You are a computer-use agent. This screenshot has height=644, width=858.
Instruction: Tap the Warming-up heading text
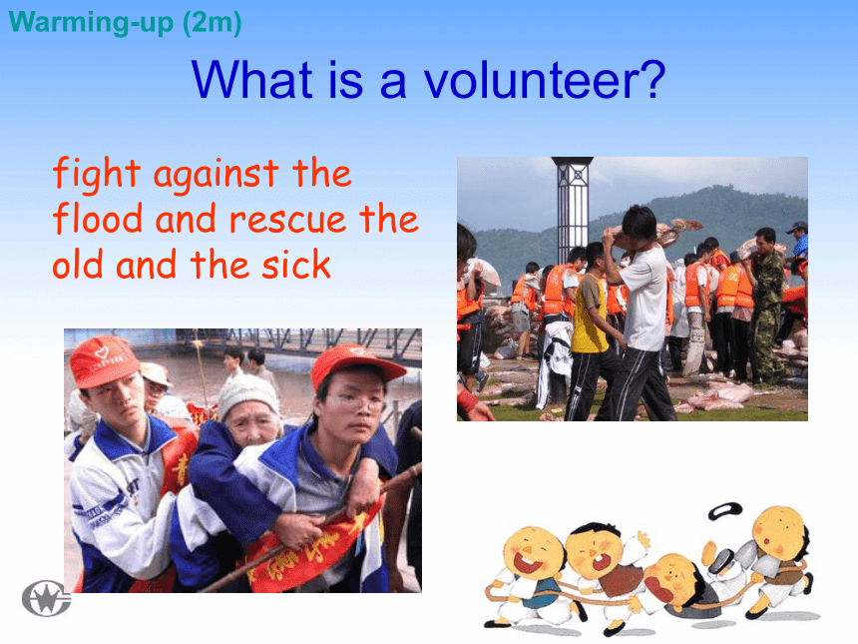point(91,22)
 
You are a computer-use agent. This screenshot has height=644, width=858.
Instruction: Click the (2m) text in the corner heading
point(213,23)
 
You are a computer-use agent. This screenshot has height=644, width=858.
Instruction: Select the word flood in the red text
point(98,218)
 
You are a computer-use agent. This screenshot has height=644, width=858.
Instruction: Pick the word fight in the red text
point(97,174)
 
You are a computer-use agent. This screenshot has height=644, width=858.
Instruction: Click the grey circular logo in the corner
point(47,598)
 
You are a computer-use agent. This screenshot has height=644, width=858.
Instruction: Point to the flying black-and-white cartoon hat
point(725,511)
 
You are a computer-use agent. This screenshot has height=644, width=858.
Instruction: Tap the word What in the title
point(251,80)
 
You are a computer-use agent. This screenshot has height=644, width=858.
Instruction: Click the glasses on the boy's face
point(358,404)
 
